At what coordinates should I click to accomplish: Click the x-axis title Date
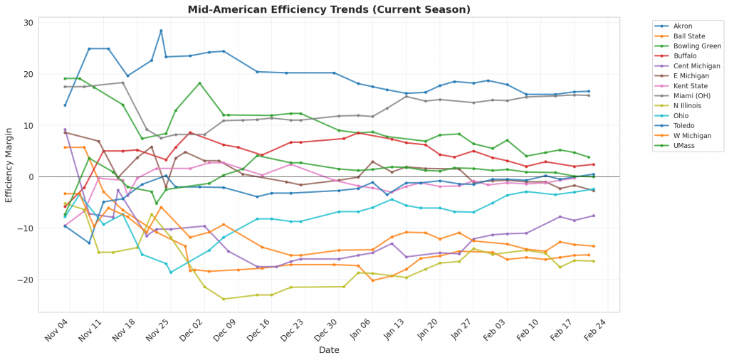point(329,351)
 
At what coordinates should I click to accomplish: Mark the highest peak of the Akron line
point(161,31)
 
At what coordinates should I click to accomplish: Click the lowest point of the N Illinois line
point(224,299)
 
